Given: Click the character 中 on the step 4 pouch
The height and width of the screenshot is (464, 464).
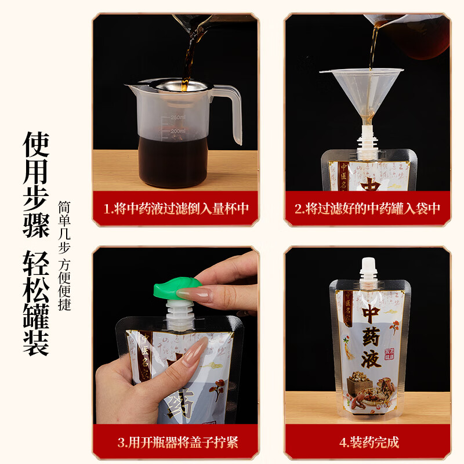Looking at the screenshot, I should click(371, 314).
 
